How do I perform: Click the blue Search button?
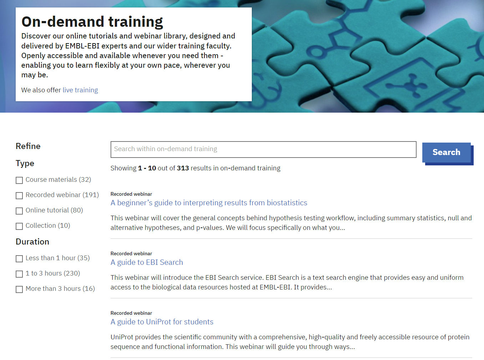(x=446, y=153)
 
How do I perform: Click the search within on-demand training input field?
(x=263, y=149)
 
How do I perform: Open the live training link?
(x=80, y=90)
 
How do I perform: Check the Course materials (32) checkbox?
(x=19, y=180)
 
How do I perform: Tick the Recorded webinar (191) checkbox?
(x=19, y=196)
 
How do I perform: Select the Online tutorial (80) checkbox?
(x=19, y=211)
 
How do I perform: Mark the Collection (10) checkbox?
(x=19, y=226)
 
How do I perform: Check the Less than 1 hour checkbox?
(x=19, y=259)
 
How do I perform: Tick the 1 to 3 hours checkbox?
(x=19, y=274)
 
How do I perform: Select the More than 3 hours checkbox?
(x=19, y=289)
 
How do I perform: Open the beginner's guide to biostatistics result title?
(x=209, y=203)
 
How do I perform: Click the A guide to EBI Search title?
(x=147, y=262)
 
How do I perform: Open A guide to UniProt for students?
(x=162, y=322)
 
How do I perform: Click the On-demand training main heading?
(x=92, y=22)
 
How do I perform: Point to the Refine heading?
(x=28, y=146)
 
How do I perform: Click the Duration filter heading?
(x=32, y=242)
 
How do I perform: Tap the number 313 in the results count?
(x=183, y=168)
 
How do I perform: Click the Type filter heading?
(x=25, y=163)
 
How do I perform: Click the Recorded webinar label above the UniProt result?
(x=131, y=313)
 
